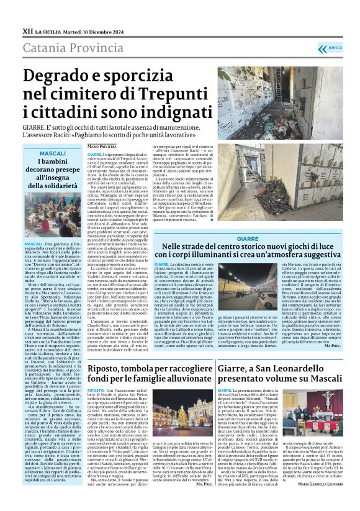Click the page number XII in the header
click(x=28, y=30)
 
